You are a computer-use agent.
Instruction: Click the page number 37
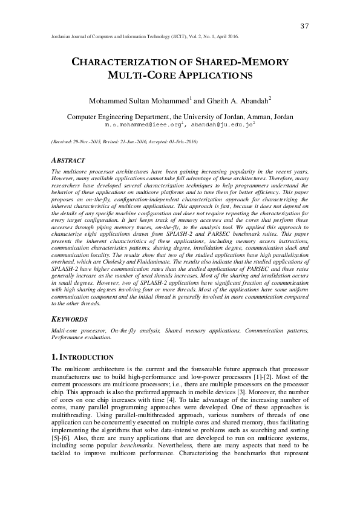[x=305, y=25]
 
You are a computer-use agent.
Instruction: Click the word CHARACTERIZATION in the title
[x=124, y=62]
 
